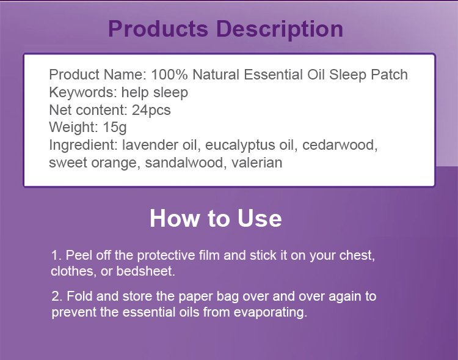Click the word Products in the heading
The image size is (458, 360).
pos(158,29)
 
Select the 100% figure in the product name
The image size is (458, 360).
pos(169,75)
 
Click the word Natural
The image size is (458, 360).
pos(216,75)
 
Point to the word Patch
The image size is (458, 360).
pos(389,75)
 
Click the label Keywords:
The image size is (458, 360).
pos(83,92)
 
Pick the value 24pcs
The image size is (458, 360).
pos(151,111)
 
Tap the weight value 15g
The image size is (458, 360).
pos(115,128)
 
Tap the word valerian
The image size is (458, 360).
pos(257,163)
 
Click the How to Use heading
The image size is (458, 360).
pos(216,218)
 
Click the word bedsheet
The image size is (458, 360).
pos(145,271)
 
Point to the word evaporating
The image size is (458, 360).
pos(270,312)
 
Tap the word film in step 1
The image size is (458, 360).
pos(209,255)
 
